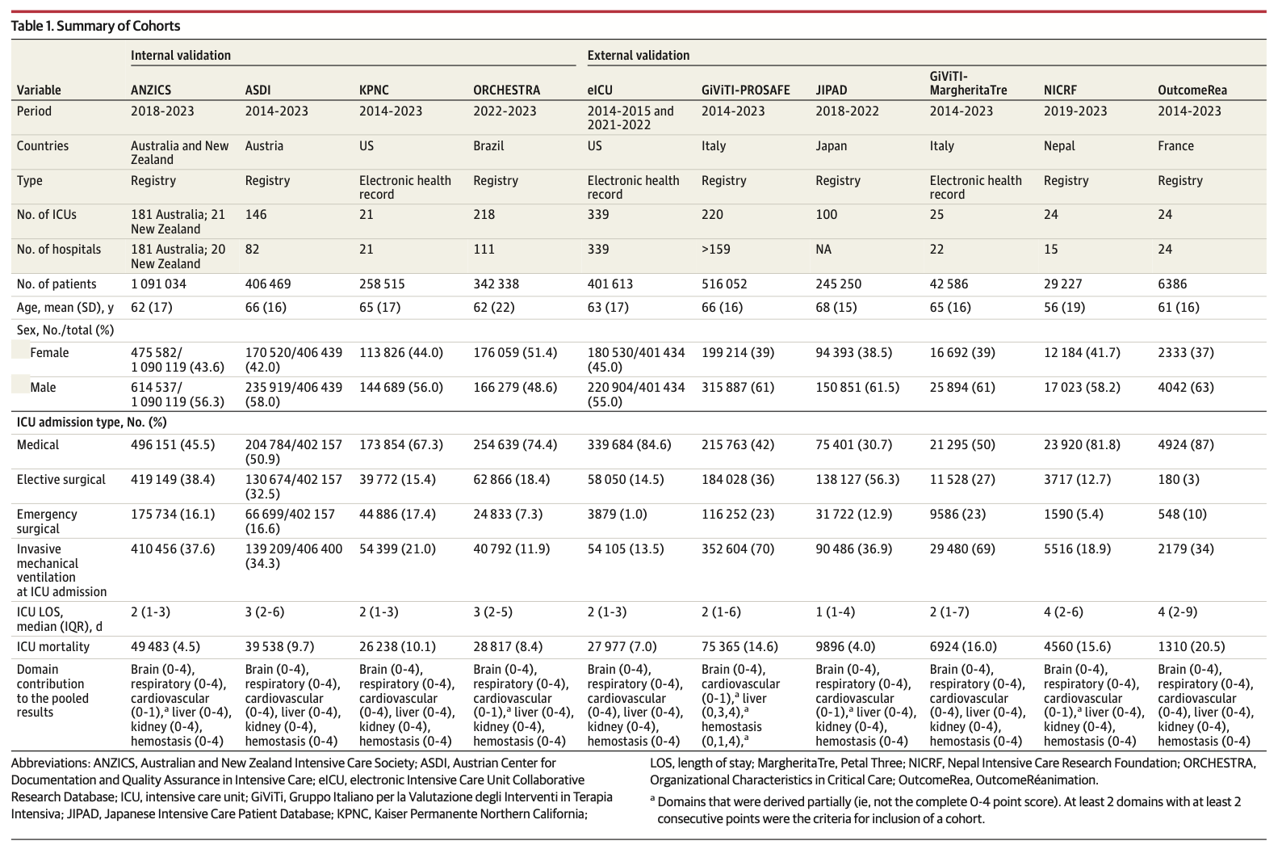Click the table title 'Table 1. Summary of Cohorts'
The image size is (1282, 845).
click(x=95, y=26)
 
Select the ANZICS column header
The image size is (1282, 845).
click(x=151, y=90)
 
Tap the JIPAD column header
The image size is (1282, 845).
click(x=832, y=90)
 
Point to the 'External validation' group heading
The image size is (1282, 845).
click(x=638, y=56)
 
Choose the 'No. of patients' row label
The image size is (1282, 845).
click(x=56, y=284)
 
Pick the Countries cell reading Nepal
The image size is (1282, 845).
click(x=1059, y=146)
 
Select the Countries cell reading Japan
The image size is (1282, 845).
click(x=831, y=146)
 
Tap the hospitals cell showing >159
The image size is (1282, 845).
click(x=715, y=250)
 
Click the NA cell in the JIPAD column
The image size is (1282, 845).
click(x=823, y=250)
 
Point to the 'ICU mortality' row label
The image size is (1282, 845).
click(x=53, y=647)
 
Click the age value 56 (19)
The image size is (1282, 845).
click(x=1064, y=307)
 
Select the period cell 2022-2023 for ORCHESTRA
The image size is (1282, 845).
click(x=505, y=111)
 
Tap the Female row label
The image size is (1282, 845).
click(x=49, y=353)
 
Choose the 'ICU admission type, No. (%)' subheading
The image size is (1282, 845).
click(x=91, y=422)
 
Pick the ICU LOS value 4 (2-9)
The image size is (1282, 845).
click(x=1178, y=612)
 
